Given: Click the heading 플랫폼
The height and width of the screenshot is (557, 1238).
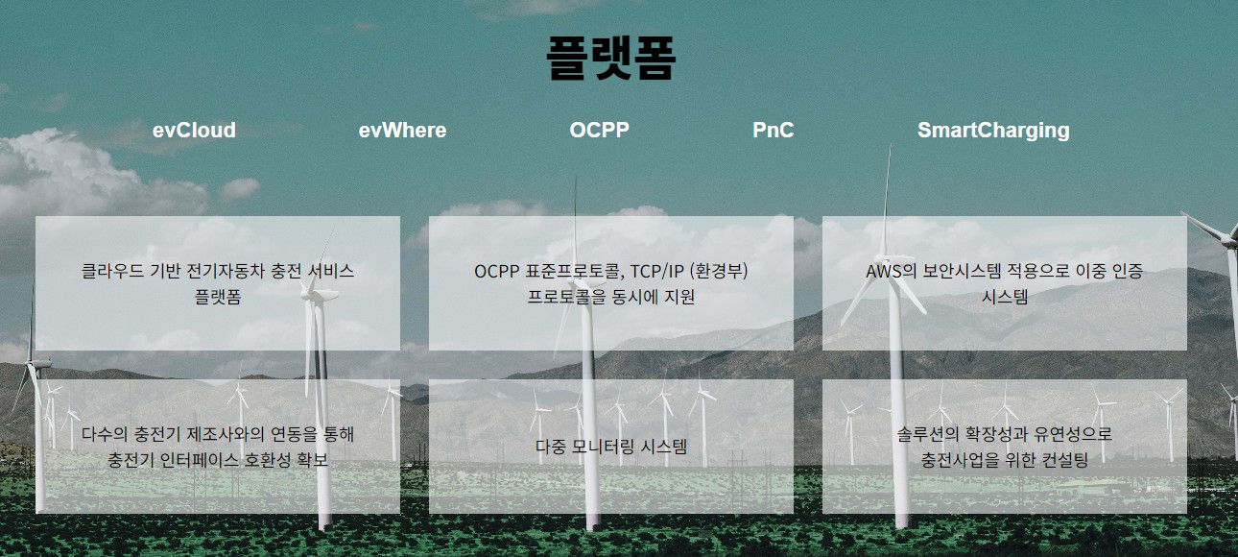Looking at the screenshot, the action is (x=610, y=58).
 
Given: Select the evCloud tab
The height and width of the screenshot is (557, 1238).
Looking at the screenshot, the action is (x=194, y=131).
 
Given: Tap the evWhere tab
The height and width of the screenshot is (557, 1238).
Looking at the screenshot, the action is (x=402, y=131).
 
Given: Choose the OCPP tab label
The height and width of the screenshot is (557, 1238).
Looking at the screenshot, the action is (x=599, y=131).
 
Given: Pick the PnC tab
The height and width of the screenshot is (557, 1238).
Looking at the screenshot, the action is (x=773, y=131).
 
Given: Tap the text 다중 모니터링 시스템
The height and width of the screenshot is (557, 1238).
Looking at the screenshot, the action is (x=611, y=447).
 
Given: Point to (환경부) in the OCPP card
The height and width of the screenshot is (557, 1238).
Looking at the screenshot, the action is (x=719, y=271).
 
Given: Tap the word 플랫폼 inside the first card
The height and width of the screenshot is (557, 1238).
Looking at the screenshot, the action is (x=218, y=298).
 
